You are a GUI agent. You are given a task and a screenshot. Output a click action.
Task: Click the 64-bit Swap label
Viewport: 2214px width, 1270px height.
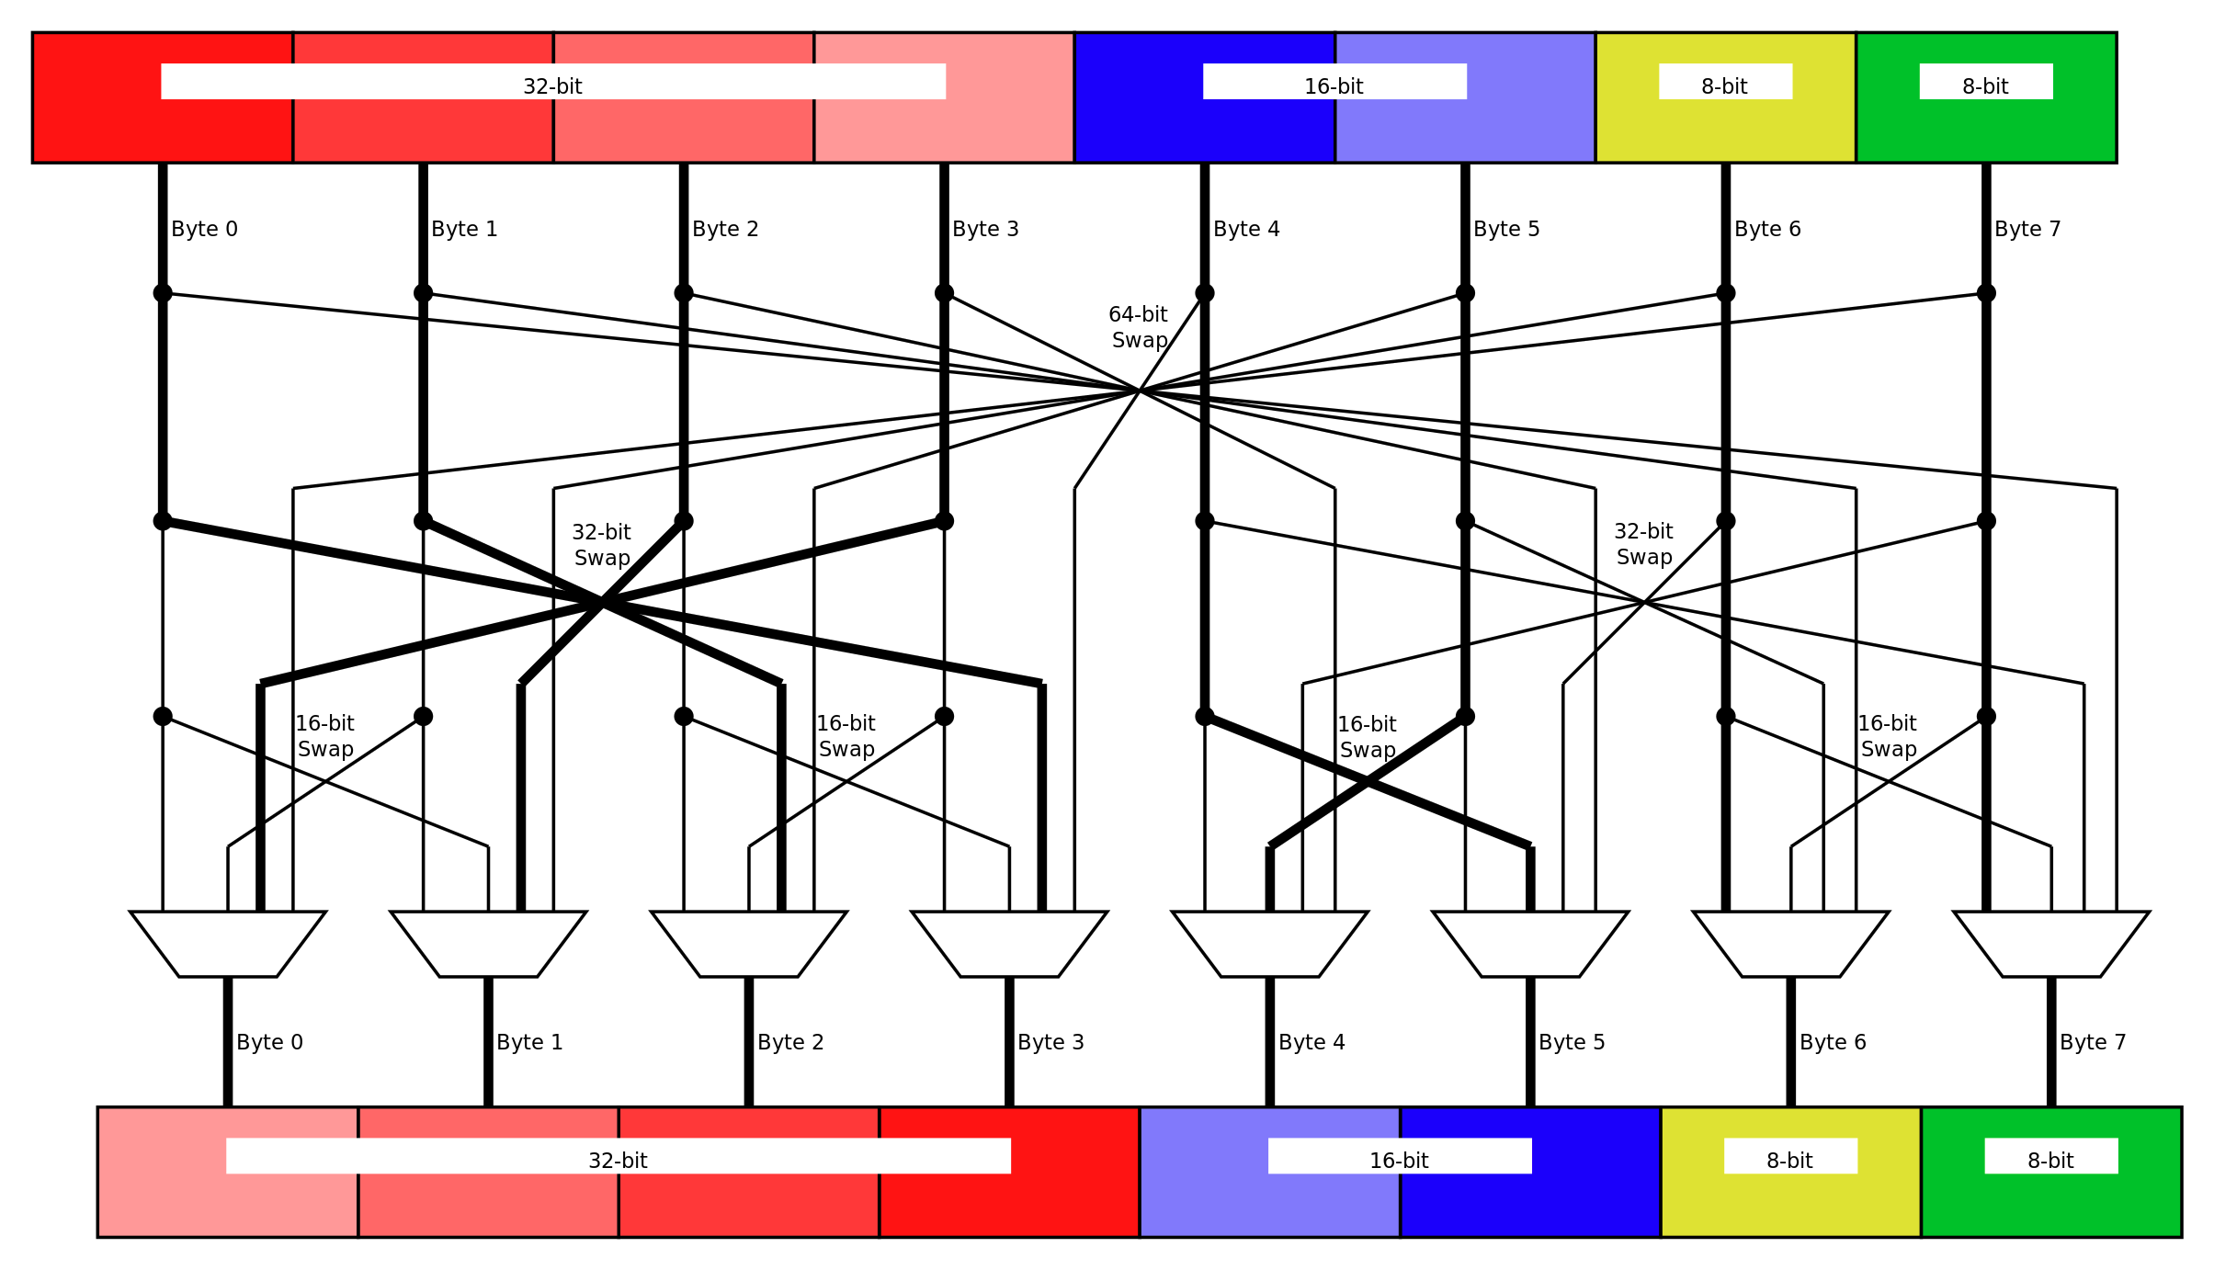pos(1138,327)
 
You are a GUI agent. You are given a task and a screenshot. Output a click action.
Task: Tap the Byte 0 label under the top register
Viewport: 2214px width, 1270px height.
pos(204,229)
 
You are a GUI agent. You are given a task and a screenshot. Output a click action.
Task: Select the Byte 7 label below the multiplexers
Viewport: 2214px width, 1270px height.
pos(2093,1042)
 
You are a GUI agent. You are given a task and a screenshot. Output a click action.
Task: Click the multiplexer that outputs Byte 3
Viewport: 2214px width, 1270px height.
pos(1009,944)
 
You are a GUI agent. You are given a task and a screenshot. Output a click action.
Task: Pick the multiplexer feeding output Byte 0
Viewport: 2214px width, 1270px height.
pos(228,944)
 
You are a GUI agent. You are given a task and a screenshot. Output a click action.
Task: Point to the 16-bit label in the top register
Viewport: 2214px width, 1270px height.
pos(1334,86)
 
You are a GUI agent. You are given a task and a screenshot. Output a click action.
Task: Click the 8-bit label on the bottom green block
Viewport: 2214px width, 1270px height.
pos(2050,1161)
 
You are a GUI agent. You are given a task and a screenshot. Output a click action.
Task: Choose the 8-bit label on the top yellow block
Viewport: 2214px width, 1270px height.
pos(1724,86)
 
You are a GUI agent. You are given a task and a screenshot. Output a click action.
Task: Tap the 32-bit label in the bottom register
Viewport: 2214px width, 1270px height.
pos(618,1161)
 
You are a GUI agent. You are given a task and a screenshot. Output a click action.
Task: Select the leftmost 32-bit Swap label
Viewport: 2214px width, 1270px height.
pos(602,545)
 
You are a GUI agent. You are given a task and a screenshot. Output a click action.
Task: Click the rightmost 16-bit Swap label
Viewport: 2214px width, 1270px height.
pos(1888,736)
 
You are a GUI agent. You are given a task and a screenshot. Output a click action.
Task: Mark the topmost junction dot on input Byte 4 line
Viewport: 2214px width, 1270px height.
pos(1205,293)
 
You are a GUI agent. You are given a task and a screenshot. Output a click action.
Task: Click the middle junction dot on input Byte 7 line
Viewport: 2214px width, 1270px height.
pos(1986,521)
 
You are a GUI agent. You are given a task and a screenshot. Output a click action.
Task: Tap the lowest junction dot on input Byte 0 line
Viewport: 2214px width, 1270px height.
pos(163,716)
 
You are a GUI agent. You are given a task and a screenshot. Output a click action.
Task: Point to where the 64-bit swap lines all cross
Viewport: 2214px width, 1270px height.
pos(1140,391)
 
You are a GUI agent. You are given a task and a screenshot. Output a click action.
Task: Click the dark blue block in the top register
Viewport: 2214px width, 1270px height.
pos(1204,129)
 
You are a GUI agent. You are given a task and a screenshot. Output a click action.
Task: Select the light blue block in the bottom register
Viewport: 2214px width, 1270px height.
pos(1269,1204)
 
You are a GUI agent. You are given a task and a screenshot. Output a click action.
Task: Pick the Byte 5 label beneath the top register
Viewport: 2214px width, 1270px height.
pos(1506,229)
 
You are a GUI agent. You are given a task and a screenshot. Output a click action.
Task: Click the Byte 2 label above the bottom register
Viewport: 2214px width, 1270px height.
pos(790,1042)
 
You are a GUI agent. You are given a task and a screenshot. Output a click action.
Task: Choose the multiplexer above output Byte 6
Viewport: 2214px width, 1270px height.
pos(1790,944)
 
